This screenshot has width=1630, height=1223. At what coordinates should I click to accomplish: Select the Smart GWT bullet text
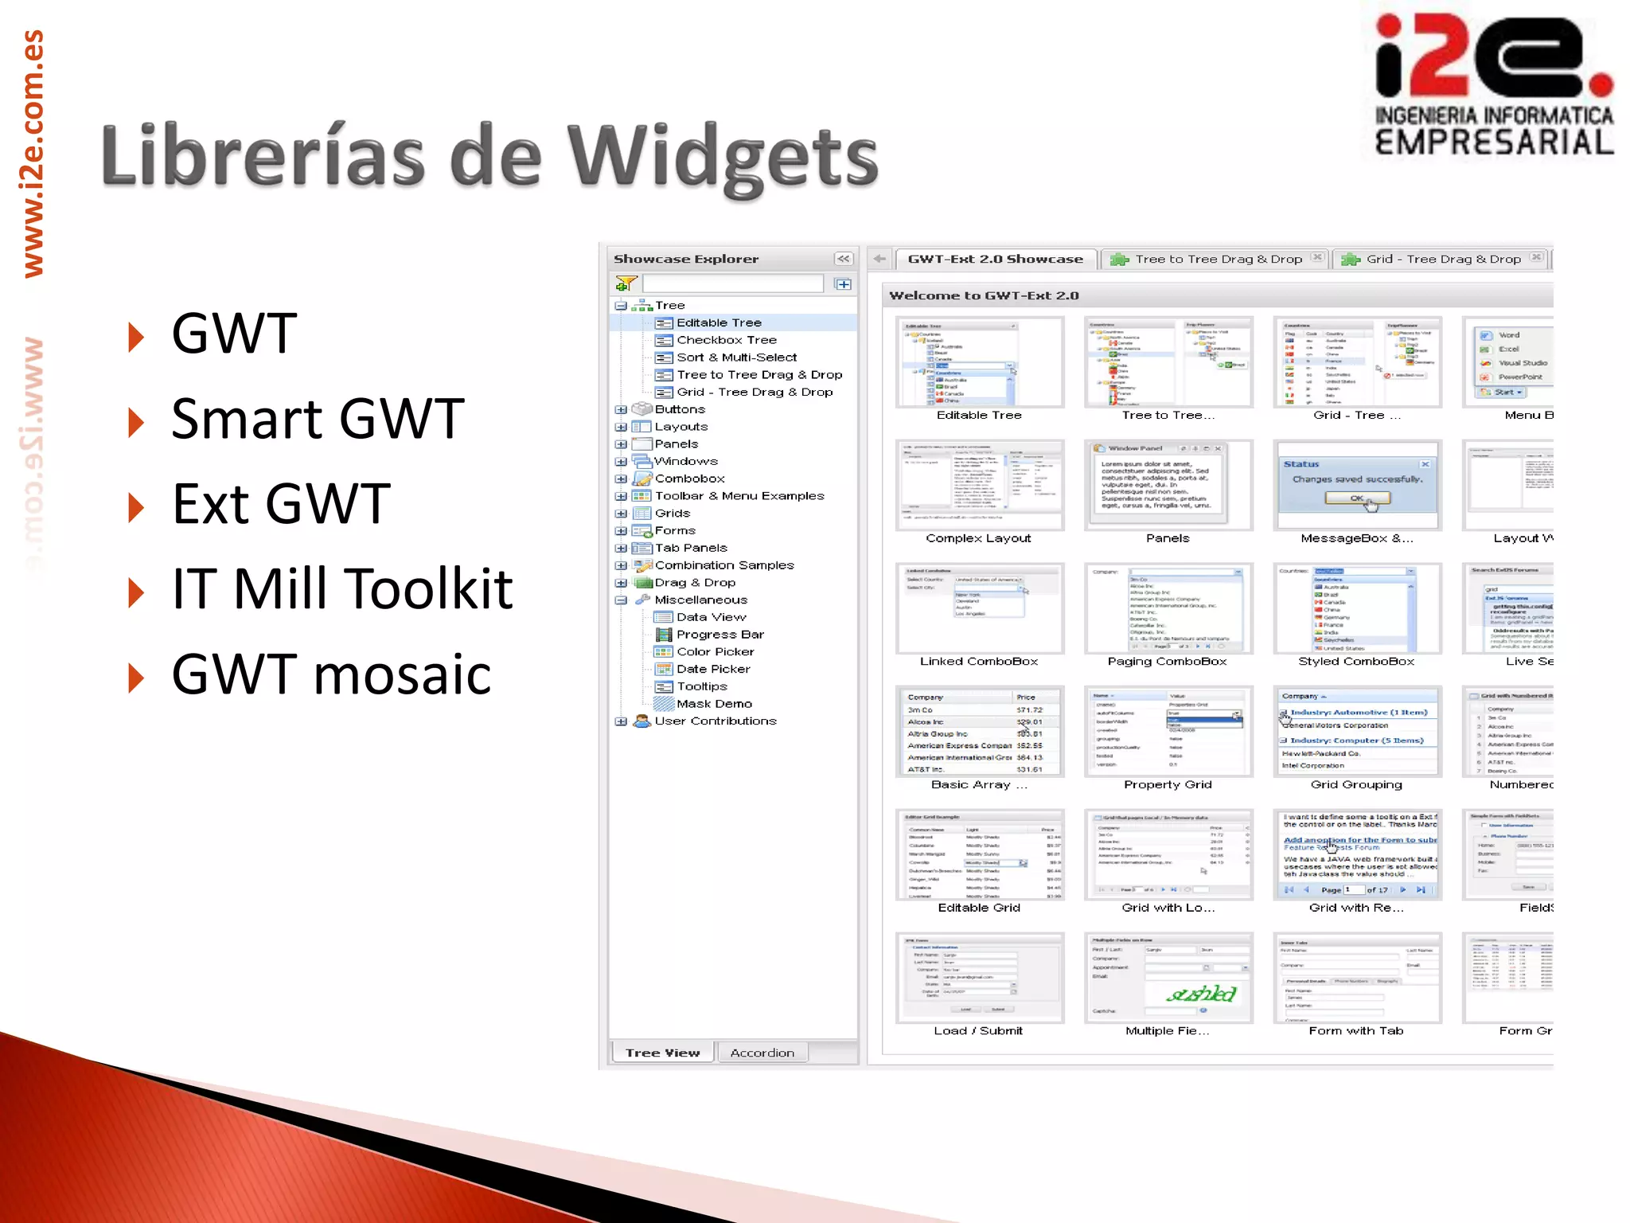pyautogui.click(x=318, y=419)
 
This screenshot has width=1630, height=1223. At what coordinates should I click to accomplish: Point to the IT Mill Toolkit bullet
pyautogui.click(x=342, y=589)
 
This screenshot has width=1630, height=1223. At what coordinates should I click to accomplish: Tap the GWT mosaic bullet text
pyautogui.click(x=331, y=674)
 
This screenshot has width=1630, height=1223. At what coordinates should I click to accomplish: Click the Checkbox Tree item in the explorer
pyautogui.click(x=726, y=340)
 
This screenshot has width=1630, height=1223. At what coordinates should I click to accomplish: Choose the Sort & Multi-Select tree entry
pyautogui.click(x=736, y=358)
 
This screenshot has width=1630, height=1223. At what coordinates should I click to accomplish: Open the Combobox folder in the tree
pyautogui.click(x=689, y=479)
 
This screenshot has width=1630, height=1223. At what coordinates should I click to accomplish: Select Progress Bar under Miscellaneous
pyautogui.click(x=719, y=635)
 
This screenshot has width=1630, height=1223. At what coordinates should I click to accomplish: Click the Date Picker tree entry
pyautogui.click(x=713, y=669)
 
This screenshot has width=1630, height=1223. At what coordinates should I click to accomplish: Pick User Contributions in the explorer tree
pyautogui.click(x=715, y=721)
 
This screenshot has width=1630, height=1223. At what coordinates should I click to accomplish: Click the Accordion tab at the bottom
pyautogui.click(x=762, y=1053)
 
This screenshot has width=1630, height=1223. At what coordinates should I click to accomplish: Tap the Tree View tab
pyautogui.click(x=662, y=1053)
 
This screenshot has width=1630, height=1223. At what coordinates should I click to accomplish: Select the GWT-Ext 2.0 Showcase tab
pyautogui.click(x=995, y=259)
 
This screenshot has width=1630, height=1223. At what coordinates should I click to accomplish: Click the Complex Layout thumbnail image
pyautogui.click(x=979, y=484)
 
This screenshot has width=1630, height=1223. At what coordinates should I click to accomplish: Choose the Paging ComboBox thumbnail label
pyautogui.click(x=1167, y=662)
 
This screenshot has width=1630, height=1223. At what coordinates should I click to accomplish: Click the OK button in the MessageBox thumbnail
pyautogui.click(x=1357, y=498)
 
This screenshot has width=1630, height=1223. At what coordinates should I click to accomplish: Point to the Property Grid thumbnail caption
pyautogui.click(x=1168, y=784)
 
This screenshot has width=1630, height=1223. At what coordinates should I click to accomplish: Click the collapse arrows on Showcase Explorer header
pyautogui.click(x=844, y=259)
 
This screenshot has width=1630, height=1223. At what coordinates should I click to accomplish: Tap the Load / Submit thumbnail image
pyautogui.click(x=979, y=978)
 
